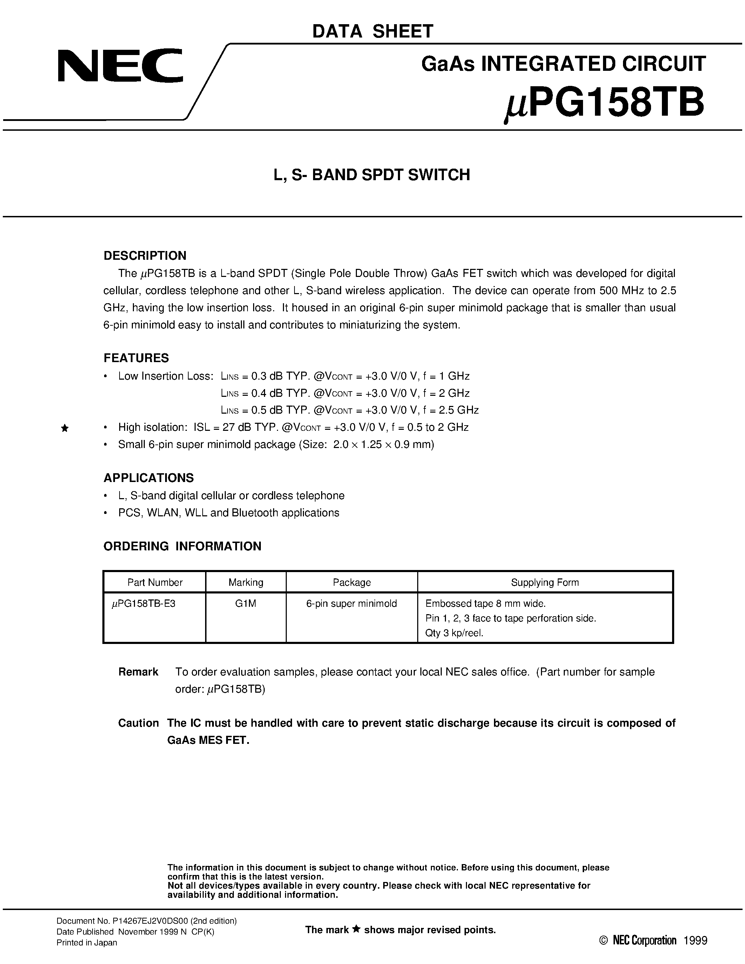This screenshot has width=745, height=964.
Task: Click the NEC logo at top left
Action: pos(120,65)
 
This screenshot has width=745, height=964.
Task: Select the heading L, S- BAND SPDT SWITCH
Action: pos(372,175)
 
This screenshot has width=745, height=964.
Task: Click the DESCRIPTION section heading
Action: pos(145,256)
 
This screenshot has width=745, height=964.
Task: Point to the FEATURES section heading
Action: pos(136,358)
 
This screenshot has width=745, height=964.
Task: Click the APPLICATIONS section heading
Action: pos(148,477)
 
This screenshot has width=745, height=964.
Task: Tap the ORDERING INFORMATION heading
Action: pos(182,546)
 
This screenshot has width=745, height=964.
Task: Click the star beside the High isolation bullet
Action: pos(65,428)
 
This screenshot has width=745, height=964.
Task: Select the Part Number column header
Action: pos(155,582)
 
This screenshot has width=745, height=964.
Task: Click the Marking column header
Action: pos(246,582)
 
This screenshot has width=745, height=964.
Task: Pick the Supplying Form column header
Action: pos(544,582)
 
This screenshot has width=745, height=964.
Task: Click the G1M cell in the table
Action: pos(246,603)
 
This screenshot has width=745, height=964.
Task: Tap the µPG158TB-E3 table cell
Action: pos(144,603)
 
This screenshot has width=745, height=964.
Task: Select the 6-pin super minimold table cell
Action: pos(351,603)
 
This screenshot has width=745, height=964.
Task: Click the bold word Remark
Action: pos(138,672)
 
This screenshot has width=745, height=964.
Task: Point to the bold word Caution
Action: pos(138,723)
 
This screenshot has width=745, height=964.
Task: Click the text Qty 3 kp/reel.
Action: pos(454,633)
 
